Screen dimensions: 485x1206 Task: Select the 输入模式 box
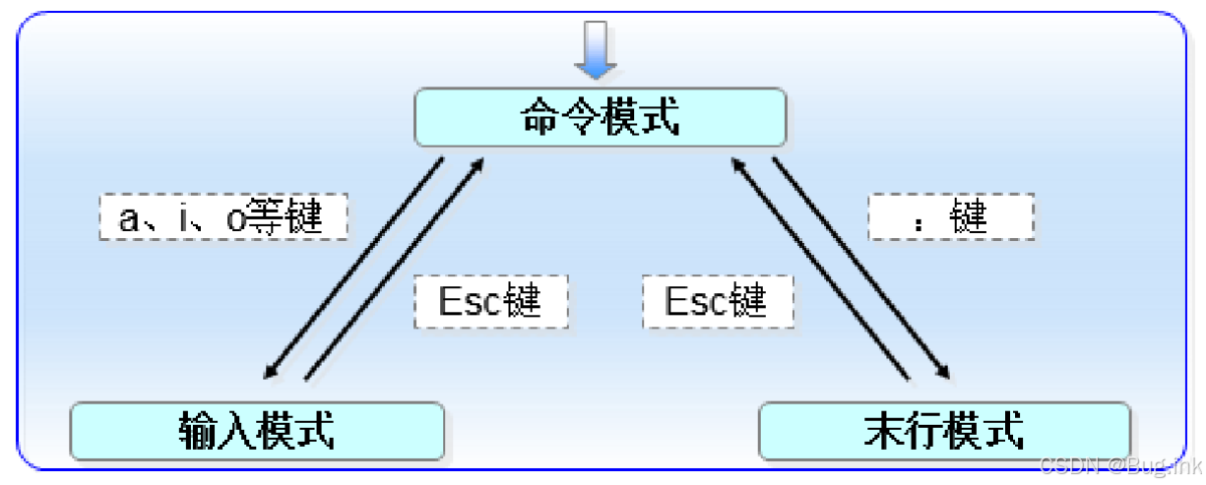(x=257, y=430)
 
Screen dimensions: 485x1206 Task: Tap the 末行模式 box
(x=944, y=430)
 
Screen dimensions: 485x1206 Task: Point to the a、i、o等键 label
(x=222, y=217)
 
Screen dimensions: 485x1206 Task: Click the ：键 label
(x=950, y=217)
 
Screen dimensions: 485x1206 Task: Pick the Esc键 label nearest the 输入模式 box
(x=490, y=299)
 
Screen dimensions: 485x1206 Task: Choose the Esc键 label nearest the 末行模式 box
(x=717, y=299)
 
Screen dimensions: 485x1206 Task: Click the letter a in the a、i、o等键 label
(x=128, y=219)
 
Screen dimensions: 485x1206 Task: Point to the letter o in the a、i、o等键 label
(x=236, y=219)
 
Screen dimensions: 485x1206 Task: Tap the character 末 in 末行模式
(x=885, y=430)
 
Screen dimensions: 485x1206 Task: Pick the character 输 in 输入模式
(x=198, y=430)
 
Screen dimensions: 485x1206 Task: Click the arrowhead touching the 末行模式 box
(x=942, y=372)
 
